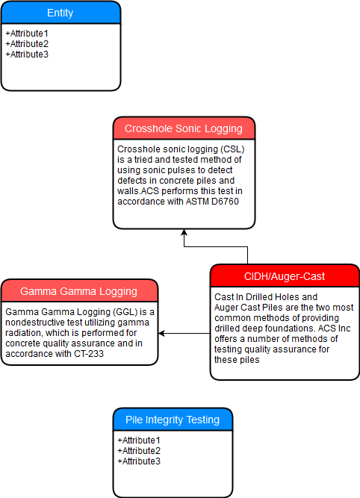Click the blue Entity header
60,13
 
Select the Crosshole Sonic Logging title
184,128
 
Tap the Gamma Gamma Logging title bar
79,291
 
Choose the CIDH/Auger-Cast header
285,276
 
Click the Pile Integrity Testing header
173,420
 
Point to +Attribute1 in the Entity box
27,34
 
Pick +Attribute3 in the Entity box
27,55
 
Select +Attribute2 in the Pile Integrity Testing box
139,451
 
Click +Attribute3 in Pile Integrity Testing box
139,461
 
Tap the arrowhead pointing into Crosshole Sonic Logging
184,232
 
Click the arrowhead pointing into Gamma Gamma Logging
161,333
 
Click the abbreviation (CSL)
233,149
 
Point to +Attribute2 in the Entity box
27,44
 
